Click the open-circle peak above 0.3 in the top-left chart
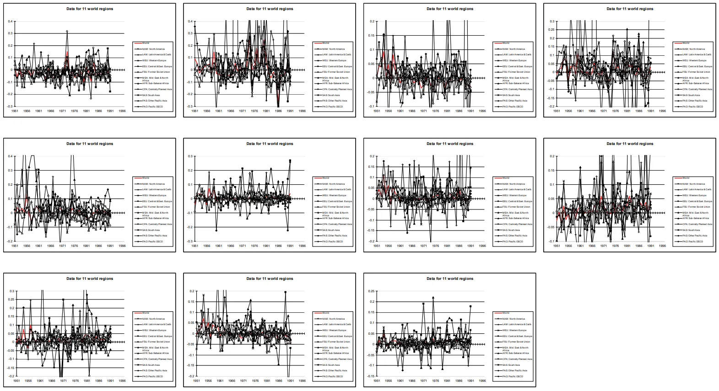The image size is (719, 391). [67, 32]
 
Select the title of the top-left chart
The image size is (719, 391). [90, 9]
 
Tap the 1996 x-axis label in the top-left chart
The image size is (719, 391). [122, 111]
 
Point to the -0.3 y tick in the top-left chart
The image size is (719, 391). [10, 107]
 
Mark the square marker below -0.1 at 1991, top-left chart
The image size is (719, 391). [110, 91]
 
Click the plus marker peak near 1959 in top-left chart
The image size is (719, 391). [34, 44]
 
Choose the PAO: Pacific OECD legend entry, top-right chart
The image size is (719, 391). [692, 107]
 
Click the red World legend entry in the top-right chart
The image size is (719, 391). [685, 43]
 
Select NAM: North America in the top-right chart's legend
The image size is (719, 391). [693, 49]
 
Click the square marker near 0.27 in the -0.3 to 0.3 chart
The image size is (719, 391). [290, 161]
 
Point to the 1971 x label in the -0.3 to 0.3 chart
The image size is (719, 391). [243, 246]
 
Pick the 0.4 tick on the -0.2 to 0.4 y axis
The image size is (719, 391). [10, 156]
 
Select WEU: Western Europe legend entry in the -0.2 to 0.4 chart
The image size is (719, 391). [154, 195]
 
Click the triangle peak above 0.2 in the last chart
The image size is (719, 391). [433, 298]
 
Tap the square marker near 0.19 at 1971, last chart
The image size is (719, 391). [423, 304]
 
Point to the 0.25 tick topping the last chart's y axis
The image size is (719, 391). [371, 291]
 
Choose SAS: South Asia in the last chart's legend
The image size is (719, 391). [511, 365]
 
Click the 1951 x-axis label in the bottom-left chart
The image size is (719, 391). [16, 380]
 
